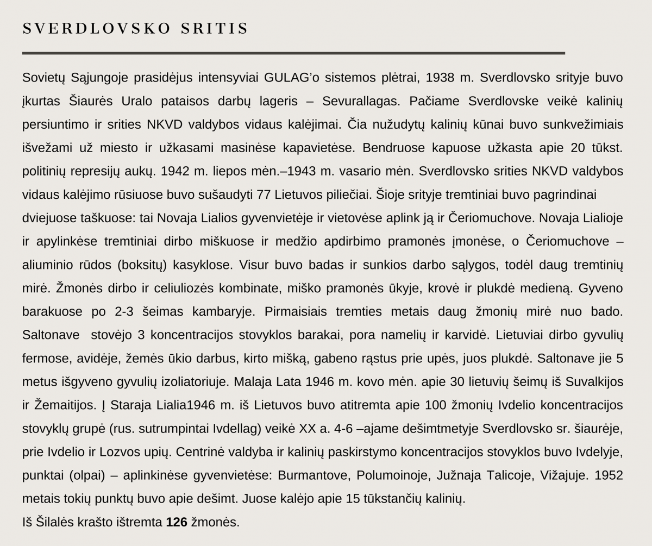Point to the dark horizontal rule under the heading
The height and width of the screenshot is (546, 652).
(293, 53)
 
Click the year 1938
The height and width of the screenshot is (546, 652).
(440, 78)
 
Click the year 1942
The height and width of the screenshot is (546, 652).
(176, 171)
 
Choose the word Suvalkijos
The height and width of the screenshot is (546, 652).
(594, 382)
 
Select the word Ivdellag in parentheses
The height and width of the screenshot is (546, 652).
(236, 429)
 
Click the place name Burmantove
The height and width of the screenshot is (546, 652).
(311, 475)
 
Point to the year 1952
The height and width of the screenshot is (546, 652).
(609, 475)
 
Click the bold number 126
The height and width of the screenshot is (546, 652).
(177, 522)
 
